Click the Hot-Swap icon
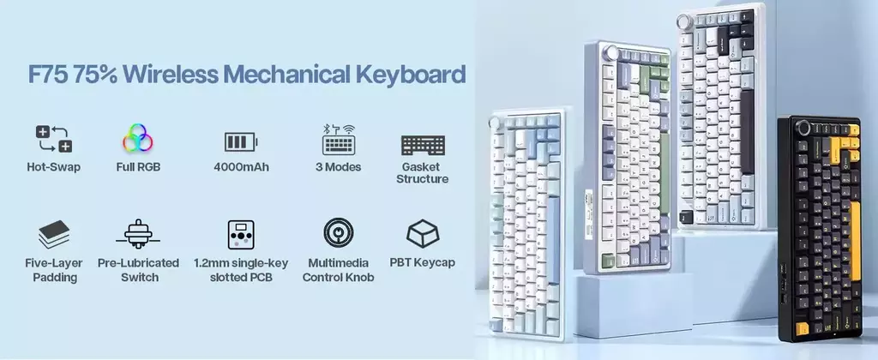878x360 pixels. coord(54,139)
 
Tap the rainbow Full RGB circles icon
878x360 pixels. coord(138,138)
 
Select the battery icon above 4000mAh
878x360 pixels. coord(241,141)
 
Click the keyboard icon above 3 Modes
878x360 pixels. coord(338,140)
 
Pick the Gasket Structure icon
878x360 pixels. coord(423,145)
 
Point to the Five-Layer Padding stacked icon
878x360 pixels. coord(54,234)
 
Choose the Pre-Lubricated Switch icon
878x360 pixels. coord(138,233)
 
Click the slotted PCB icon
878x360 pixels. coord(241,234)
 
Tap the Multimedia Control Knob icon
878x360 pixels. coord(338,232)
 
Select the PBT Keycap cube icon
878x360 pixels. coord(423,233)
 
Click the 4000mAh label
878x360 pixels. coord(241,167)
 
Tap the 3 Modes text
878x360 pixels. coord(338,167)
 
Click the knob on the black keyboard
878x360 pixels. coord(804,128)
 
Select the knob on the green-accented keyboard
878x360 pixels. coord(611,54)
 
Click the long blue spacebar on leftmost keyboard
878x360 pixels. coord(553,240)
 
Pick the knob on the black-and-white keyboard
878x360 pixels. coord(684,21)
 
